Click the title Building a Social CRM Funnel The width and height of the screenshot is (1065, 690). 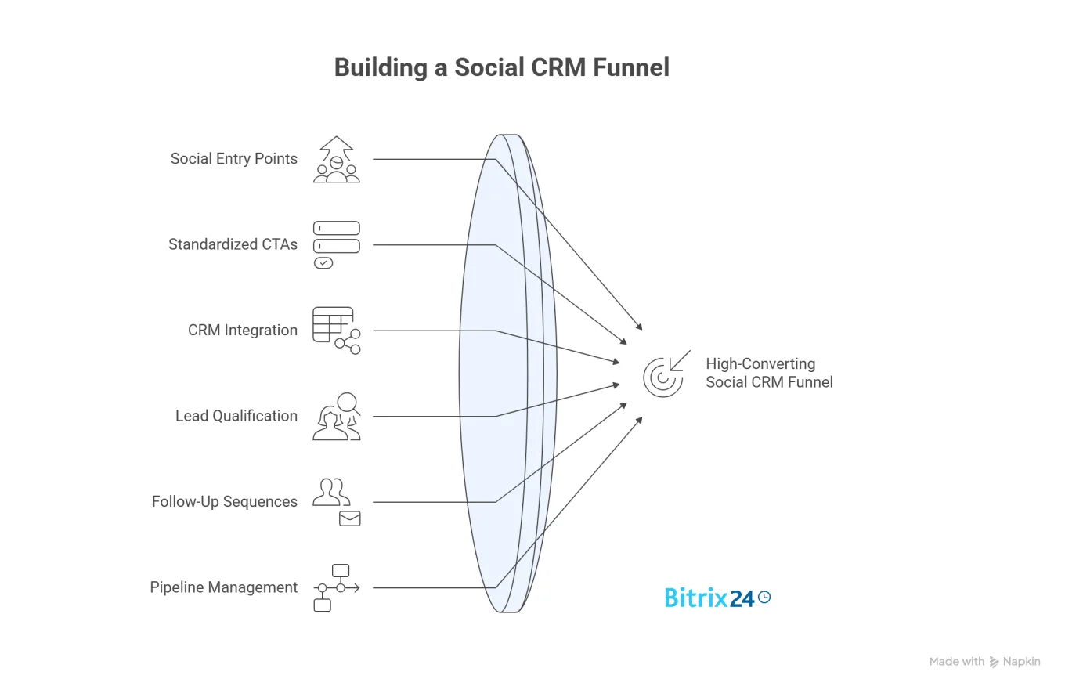501,67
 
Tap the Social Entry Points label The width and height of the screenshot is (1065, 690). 233,159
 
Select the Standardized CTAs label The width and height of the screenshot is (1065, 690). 233,244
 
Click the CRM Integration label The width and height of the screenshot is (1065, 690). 242,331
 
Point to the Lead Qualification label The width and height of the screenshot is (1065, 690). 236,416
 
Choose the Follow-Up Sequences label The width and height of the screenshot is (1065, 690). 224,501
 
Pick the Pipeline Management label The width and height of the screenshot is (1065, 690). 223,587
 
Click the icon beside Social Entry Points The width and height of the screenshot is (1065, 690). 337,160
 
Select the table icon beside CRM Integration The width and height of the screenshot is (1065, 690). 333,324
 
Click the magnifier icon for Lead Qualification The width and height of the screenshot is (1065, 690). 348,404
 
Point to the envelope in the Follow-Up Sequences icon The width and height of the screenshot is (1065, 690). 349,518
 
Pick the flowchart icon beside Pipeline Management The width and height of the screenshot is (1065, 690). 336,587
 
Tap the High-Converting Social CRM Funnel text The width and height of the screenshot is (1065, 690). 768,373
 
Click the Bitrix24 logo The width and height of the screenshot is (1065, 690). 717,598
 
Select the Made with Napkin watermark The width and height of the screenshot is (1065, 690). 984,662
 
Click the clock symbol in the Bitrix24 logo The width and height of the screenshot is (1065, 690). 764,597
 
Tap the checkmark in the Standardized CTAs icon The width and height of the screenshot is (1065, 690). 323,263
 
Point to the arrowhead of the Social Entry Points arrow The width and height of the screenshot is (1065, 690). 640,328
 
